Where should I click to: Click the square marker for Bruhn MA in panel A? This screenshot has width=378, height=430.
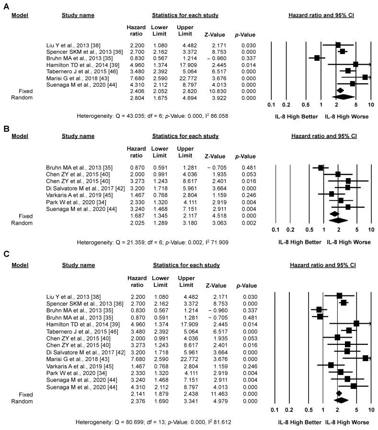point(317,58)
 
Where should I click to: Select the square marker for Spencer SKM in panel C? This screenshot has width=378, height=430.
point(344,303)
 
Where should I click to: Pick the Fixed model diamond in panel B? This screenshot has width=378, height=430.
point(334,214)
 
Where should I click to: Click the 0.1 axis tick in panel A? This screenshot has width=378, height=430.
point(271,104)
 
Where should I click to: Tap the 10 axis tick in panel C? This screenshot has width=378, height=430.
point(371,410)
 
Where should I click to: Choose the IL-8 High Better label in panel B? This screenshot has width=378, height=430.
point(299,242)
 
